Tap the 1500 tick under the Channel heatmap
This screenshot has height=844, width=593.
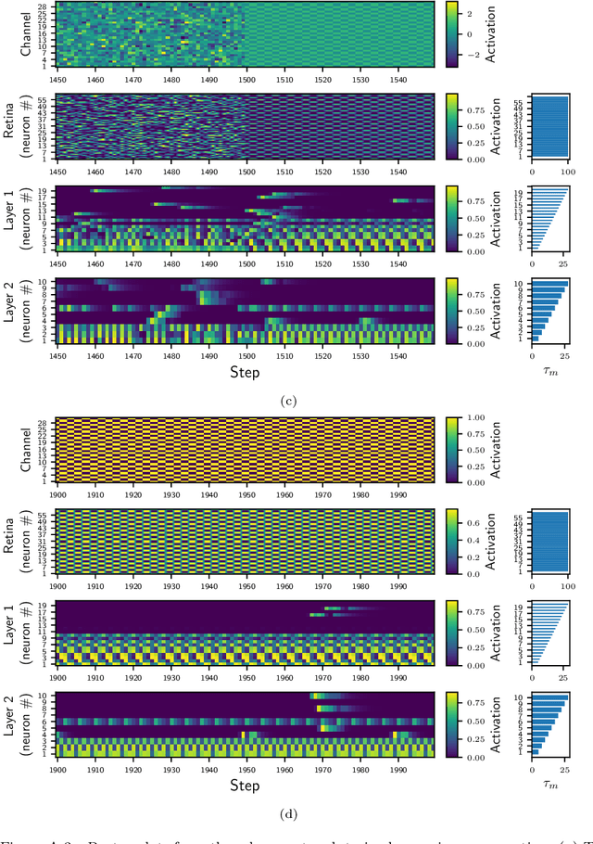pos(246,76)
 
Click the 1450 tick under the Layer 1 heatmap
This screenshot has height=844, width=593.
pos(57,260)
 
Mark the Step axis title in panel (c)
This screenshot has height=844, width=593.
pos(246,372)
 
